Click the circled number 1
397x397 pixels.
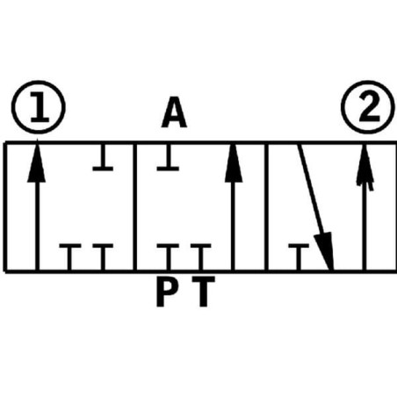39,107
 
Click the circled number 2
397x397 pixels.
368,107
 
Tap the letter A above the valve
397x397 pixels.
174,112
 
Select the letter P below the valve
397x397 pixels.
167,292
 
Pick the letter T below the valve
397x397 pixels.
204,292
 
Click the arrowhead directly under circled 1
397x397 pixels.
37,161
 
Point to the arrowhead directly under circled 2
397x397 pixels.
365,164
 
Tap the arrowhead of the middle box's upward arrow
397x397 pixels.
234,162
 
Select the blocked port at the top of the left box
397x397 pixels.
103,157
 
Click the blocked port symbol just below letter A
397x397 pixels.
168,157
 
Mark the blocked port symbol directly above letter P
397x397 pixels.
168,256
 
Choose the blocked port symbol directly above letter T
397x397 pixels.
201,256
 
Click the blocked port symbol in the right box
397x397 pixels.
299,256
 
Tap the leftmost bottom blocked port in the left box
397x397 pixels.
70,256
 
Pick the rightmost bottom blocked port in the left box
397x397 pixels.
103,256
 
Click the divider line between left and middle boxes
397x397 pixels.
135,207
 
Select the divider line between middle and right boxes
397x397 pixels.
266,207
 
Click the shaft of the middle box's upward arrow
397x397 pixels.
233,226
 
